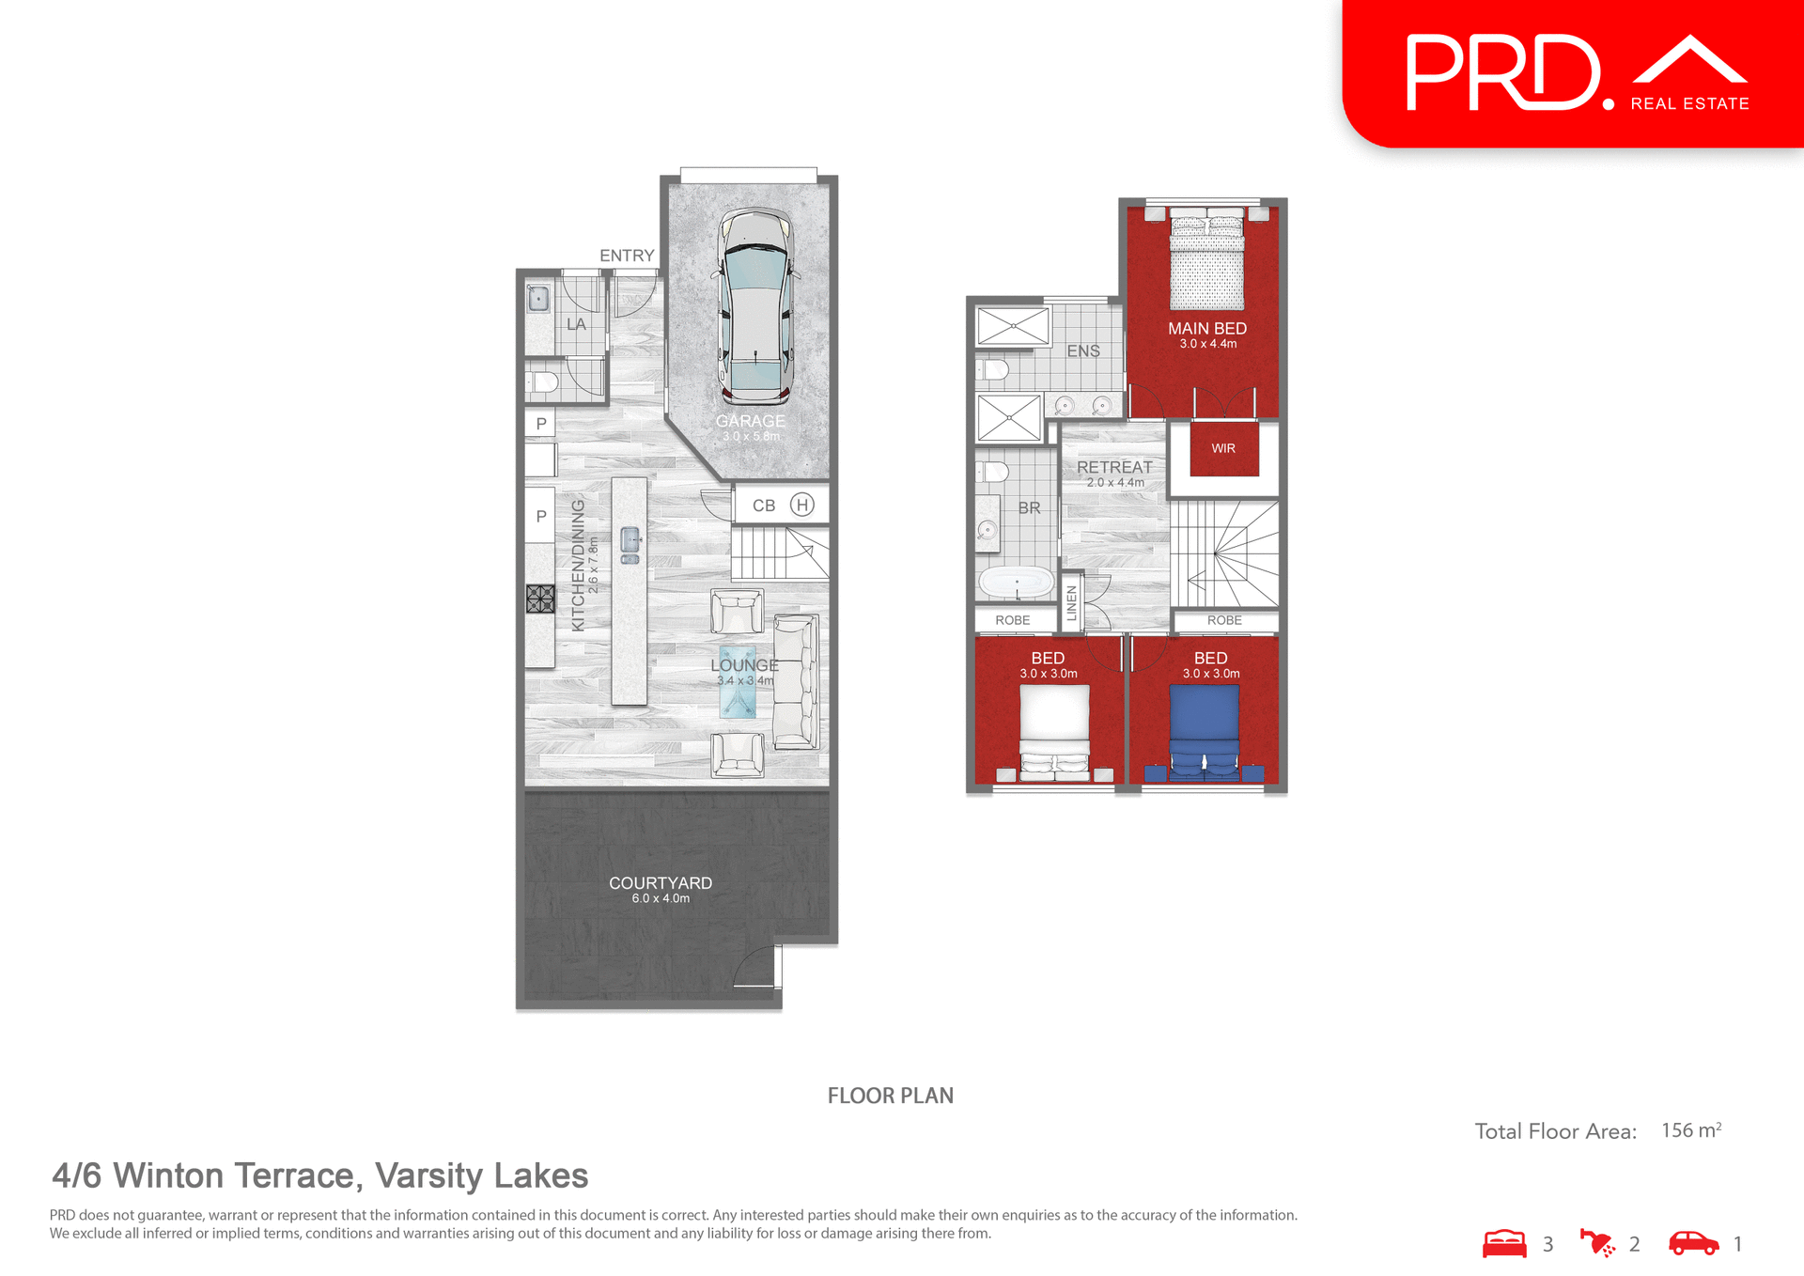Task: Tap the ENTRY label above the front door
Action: (627, 256)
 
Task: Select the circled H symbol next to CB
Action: (801, 505)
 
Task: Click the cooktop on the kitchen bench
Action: (540, 599)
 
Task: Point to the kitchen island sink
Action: (630, 540)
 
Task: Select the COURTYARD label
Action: (661, 883)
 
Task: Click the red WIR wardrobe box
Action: (1223, 449)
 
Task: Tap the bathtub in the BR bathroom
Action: (1017, 583)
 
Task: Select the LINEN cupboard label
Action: (1072, 602)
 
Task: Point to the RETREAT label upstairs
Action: (1114, 467)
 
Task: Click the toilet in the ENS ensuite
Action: (994, 369)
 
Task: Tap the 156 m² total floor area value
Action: (1690, 1130)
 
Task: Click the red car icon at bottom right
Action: (1693, 1243)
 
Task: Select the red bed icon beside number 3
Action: (1504, 1243)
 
